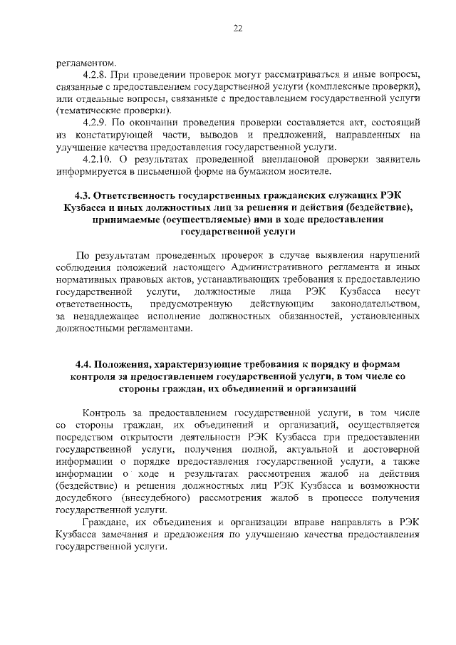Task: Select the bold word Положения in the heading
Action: (125, 364)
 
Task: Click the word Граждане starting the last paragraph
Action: (107, 522)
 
